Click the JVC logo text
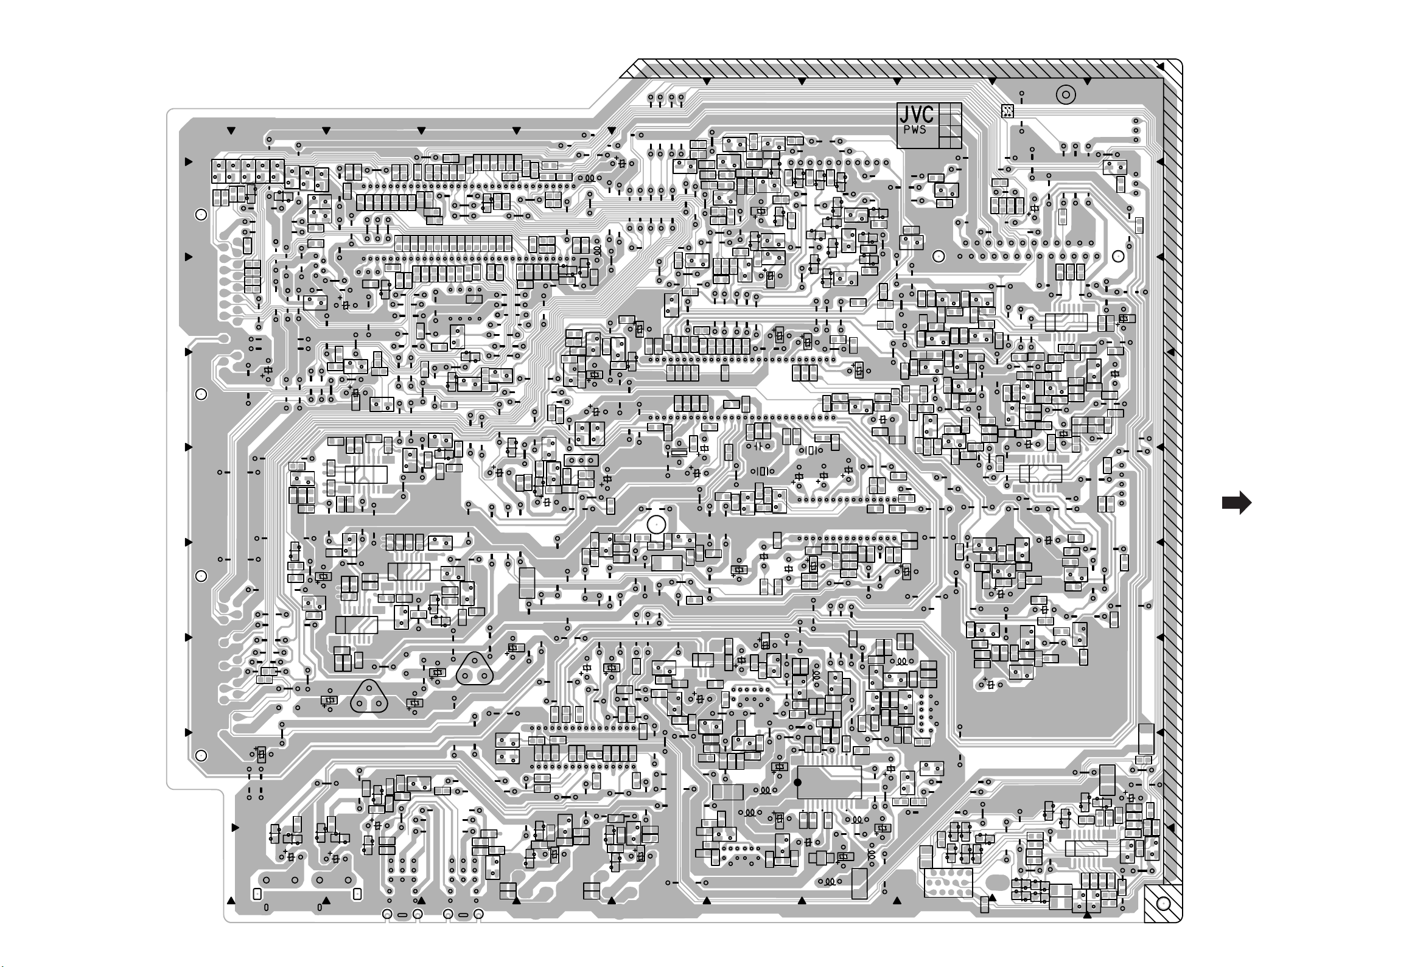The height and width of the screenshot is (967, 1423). coord(916,114)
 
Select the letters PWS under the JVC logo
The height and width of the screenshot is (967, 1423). coord(915,130)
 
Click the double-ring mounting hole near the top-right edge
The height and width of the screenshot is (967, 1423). coord(1066,95)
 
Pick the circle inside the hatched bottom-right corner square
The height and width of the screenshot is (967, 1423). coord(1162,904)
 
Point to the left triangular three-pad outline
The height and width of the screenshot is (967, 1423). coord(369,699)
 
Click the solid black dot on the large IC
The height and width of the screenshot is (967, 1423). coord(797,782)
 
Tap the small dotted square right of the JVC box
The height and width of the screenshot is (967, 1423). coord(1007,111)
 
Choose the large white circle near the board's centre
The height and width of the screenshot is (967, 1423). coord(656,525)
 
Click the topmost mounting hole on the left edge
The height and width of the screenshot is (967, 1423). coord(201,214)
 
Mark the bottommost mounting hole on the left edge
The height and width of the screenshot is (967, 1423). coord(201,756)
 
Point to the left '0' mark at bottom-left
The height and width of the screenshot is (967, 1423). coord(266,907)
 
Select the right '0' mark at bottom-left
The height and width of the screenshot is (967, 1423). coord(320,907)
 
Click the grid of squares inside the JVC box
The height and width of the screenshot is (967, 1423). coord(949,125)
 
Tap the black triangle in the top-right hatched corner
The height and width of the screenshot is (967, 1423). coord(1159,66)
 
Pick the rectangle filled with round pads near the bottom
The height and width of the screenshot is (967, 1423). coord(948,883)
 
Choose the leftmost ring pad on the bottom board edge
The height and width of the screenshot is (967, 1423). coord(387,914)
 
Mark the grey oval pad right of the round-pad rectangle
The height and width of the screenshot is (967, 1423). coord(994,882)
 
